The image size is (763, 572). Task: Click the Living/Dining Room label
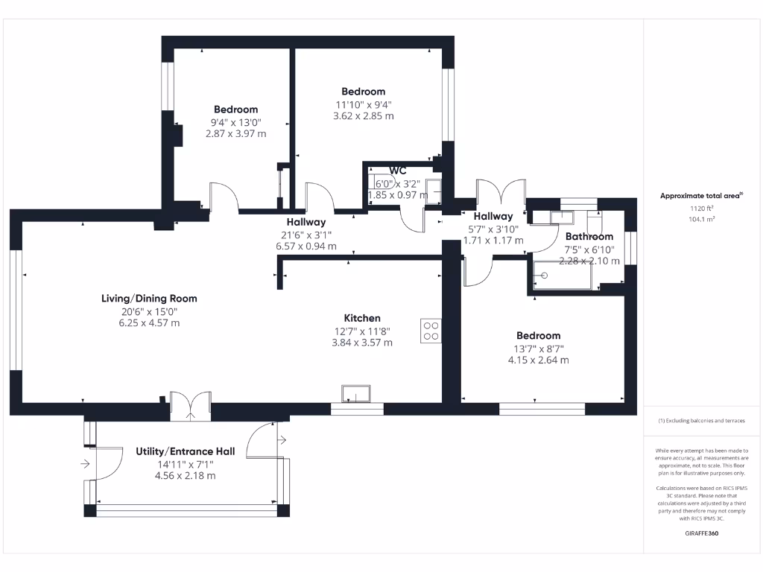149,299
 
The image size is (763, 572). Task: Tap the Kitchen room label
361,318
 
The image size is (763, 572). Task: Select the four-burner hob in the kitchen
431,330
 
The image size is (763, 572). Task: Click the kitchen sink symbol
356,393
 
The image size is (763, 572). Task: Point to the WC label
397,171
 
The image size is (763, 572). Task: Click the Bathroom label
589,237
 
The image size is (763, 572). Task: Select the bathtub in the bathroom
563,275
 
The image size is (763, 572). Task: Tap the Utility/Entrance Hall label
185,451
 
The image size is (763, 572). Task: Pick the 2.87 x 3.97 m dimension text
235,134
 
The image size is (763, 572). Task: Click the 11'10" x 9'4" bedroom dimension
364,104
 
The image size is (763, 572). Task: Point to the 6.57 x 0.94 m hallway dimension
306,246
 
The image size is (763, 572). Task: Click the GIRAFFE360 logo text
702,533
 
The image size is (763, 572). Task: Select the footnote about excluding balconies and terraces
702,421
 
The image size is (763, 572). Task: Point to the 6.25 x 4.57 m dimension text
149,323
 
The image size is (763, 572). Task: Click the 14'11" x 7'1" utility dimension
185,464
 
